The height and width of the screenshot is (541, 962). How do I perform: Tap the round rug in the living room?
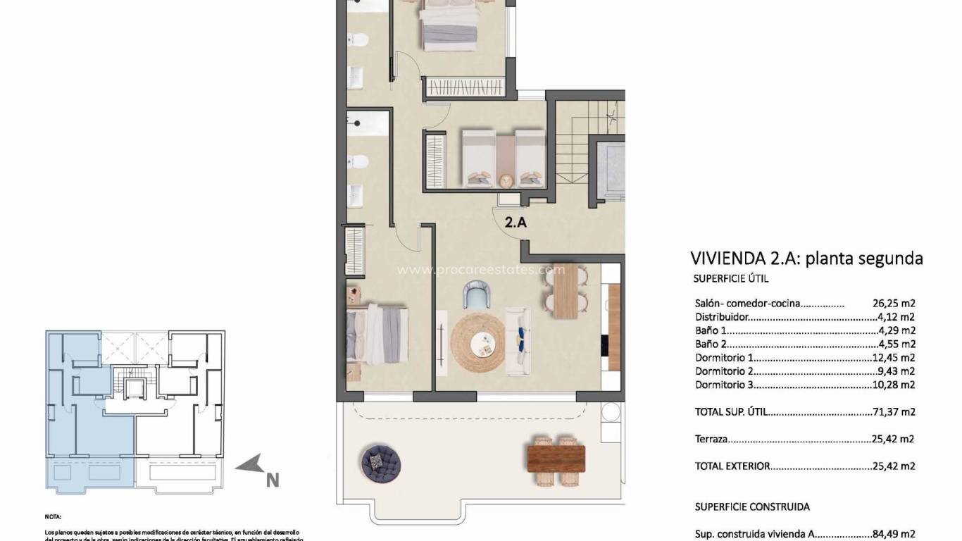click(x=478, y=342)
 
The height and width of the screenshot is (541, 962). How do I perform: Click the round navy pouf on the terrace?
click(x=381, y=461)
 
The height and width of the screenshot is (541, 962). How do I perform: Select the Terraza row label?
click(x=711, y=439)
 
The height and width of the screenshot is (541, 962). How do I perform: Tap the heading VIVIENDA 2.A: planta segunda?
click(x=806, y=259)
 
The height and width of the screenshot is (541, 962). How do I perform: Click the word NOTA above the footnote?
click(x=54, y=516)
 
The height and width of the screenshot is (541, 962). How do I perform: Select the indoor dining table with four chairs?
click(x=564, y=292)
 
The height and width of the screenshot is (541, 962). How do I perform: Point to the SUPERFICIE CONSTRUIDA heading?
click(x=752, y=506)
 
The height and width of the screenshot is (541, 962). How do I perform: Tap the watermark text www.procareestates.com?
click(x=481, y=270)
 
